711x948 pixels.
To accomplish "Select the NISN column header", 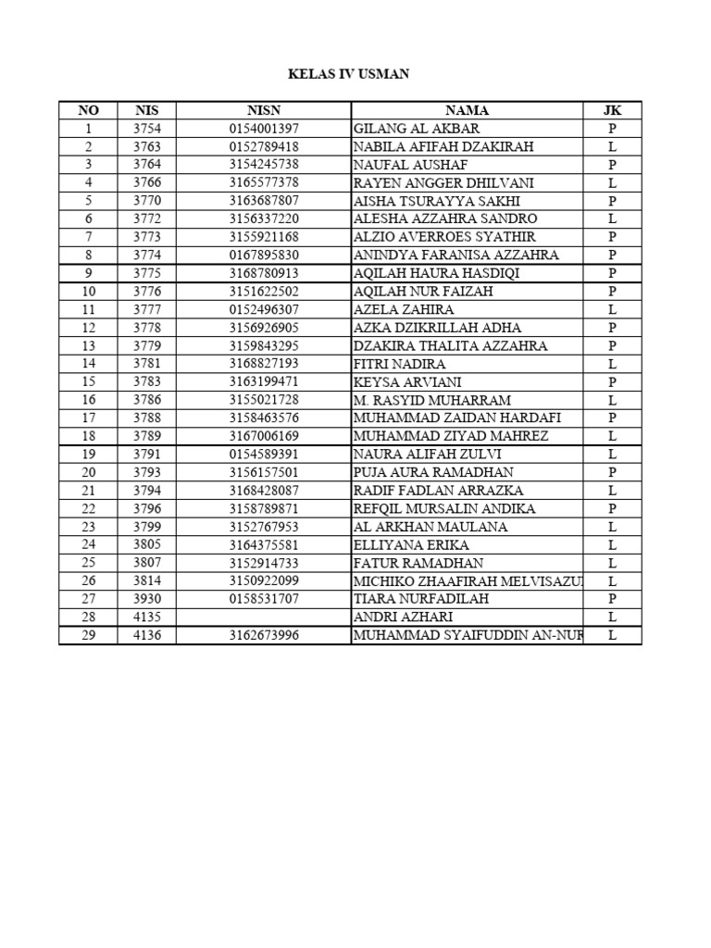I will coord(264,110).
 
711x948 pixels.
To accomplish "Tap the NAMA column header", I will coord(467,110).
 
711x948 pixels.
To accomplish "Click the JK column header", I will coord(612,110).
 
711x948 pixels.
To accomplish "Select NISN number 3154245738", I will coord(264,165).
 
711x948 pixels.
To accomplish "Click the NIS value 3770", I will coord(146,201).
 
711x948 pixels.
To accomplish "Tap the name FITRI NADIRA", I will coord(399,364).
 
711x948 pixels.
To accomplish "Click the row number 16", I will coord(88,400).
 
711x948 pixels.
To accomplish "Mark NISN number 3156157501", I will coord(264,472).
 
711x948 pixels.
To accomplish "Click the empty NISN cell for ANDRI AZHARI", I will coord(264,617).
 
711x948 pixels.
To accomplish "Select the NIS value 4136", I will coord(146,635).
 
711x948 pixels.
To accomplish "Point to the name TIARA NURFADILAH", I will coord(419,599).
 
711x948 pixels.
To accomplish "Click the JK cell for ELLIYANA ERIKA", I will coord(612,545).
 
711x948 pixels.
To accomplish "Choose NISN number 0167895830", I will coord(264,256).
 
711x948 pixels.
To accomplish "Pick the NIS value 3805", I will coord(146,545).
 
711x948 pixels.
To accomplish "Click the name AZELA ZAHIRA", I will coord(404,309).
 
